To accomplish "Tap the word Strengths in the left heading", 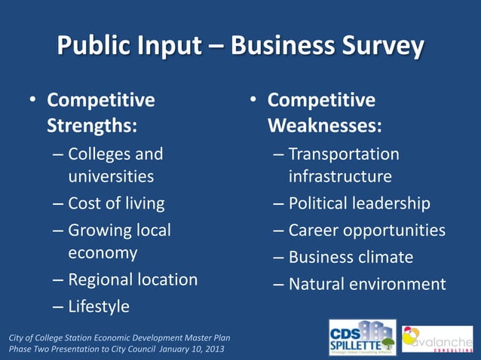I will coord(92,125).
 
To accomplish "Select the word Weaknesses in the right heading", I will coord(324,125).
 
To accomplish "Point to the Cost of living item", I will coord(116,203).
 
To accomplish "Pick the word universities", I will coord(111,177).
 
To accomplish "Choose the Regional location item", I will coord(133,279).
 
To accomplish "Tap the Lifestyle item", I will coord(99,307).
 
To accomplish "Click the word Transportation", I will coord(344,154).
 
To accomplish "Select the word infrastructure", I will coord(340,177).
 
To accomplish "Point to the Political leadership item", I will coord(360,203).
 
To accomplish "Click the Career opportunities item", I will coord(367,230).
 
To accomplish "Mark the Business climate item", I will coord(351,257).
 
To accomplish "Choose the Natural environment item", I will coord(367,284).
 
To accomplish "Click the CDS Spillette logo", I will coord(362,337).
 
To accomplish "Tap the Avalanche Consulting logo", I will coord(437,339).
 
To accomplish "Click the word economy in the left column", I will coord(103,253).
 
